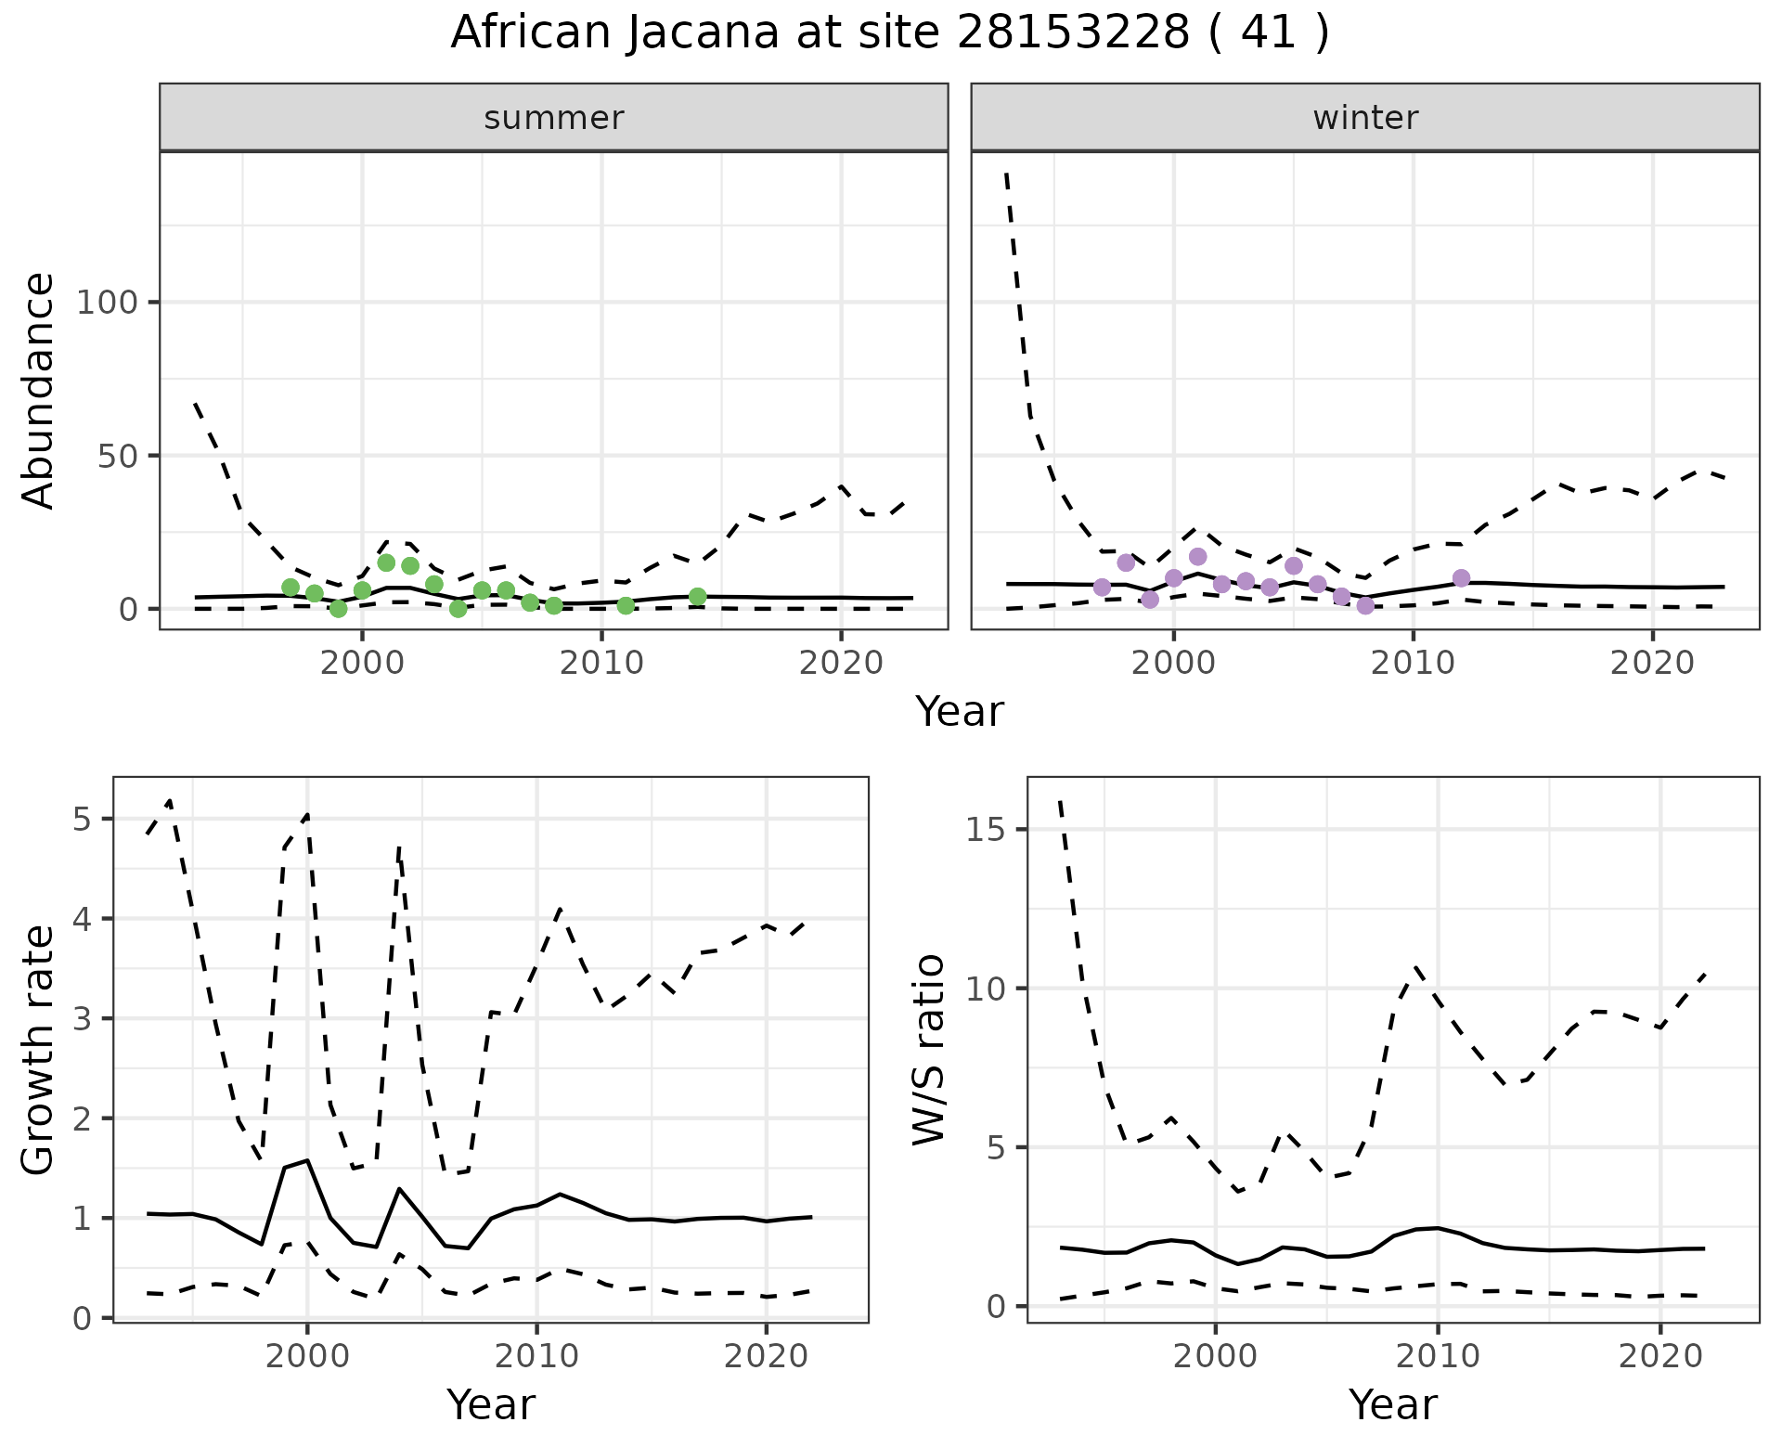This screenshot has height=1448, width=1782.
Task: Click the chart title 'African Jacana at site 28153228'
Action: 889,33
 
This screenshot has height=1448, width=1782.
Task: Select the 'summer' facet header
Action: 554,118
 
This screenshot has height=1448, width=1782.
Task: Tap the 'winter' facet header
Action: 1365,118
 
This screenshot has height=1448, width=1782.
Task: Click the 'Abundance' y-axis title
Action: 39,391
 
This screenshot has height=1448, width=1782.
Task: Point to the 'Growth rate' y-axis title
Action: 39,1050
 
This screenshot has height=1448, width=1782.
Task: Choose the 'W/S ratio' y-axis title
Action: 929,1050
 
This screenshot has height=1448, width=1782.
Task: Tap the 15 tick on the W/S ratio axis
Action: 987,830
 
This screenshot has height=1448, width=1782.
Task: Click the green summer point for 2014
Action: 698,597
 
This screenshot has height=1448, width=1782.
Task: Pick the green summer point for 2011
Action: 626,605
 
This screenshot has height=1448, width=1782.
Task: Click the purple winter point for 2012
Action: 1462,578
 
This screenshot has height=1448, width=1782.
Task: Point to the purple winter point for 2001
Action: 1198,557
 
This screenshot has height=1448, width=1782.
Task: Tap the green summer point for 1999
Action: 339,609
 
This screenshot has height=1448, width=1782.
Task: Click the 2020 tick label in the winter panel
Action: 1652,664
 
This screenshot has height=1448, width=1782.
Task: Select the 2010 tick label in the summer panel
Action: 601,664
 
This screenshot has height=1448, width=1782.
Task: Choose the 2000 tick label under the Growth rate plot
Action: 307,1356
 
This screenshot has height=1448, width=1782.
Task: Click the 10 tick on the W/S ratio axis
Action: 987,989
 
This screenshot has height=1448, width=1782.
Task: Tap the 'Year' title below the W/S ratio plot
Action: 1393,1405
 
